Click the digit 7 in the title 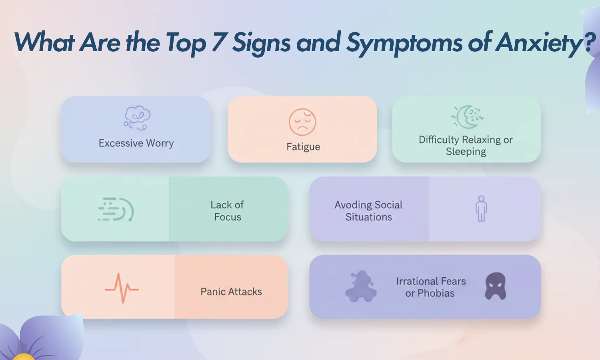[x=218, y=42]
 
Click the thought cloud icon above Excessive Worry [x=137, y=118]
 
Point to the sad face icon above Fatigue [x=302, y=122]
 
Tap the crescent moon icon [x=467, y=117]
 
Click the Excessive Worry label [x=136, y=143]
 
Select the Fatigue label [x=303, y=147]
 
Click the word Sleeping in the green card [x=466, y=152]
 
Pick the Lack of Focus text [x=228, y=211]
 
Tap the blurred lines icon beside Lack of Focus [x=116, y=209]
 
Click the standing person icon [x=481, y=209]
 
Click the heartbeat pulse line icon [x=122, y=288]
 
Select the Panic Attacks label [x=231, y=292]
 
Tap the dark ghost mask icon [x=496, y=286]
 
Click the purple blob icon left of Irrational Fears [x=361, y=286]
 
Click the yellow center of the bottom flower [x=24, y=357]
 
